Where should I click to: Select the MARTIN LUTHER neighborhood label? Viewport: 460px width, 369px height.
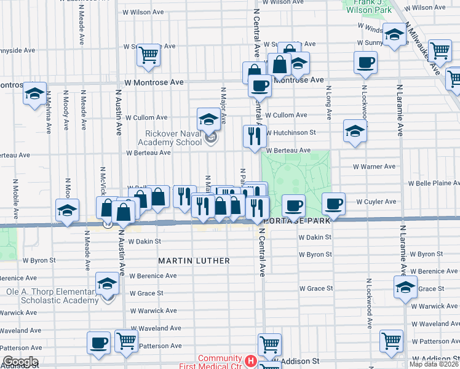(x=194, y=261)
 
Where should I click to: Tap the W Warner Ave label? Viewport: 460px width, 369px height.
(x=374, y=167)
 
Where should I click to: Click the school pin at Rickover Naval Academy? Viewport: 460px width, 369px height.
(x=209, y=120)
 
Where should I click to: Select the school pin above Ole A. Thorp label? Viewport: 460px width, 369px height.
(x=108, y=285)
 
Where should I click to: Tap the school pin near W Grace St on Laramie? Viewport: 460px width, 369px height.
(x=405, y=287)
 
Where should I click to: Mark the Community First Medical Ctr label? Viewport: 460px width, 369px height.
(x=220, y=363)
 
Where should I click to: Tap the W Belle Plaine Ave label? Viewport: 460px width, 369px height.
(x=434, y=183)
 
